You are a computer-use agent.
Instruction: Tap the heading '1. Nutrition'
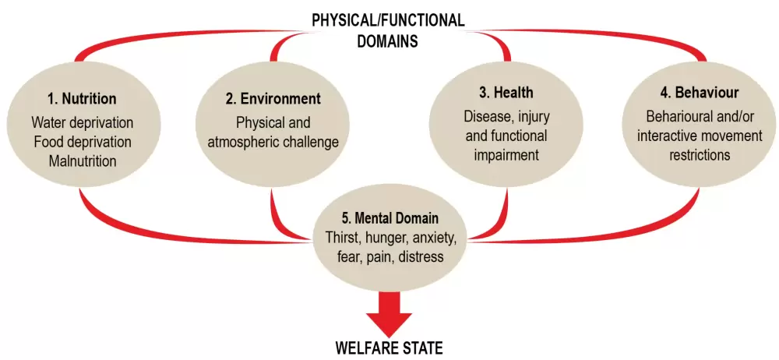tap(81, 99)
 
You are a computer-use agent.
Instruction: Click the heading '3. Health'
tap(506, 93)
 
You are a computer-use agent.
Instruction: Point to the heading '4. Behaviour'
tap(699, 93)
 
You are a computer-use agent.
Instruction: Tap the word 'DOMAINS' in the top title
tap(388, 41)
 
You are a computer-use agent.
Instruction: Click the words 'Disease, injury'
tap(506, 117)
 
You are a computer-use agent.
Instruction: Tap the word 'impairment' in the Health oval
tap(506, 155)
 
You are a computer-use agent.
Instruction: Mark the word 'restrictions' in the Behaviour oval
tap(699, 155)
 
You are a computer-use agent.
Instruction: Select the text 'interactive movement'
tap(699, 136)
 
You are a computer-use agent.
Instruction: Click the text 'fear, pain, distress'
tap(389, 256)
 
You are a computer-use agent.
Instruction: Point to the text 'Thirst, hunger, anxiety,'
tap(389, 238)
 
